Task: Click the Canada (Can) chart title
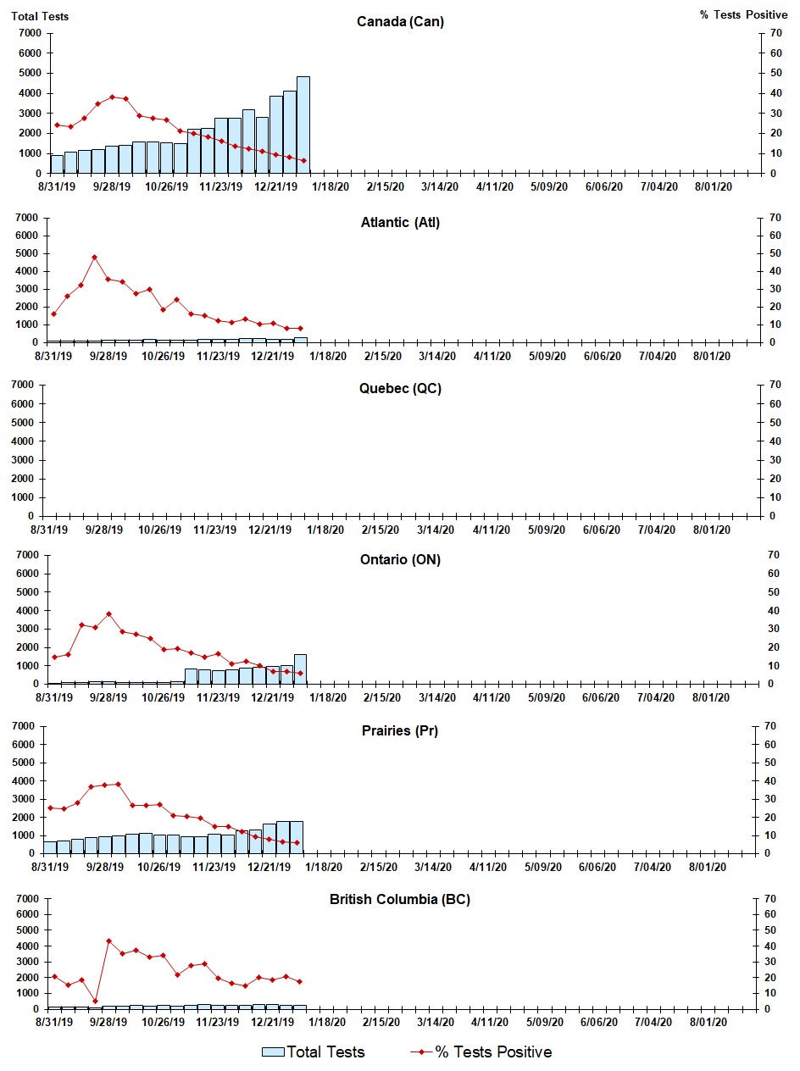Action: [x=400, y=22]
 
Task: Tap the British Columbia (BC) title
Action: [x=399, y=899]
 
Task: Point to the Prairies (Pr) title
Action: [x=399, y=730]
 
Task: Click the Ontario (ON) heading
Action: [x=399, y=559]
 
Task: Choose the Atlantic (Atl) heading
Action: [x=399, y=223]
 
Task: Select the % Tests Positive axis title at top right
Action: [x=743, y=16]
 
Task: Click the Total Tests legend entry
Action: [x=325, y=1052]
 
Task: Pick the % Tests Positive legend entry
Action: [x=493, y=1052]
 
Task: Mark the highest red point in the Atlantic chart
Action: [x=94, y=257]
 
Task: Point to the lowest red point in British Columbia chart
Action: [x=95, y=1001]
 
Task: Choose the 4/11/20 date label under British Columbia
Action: [x=489, y=1023]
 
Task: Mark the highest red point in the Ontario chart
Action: [x=108, y=613]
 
